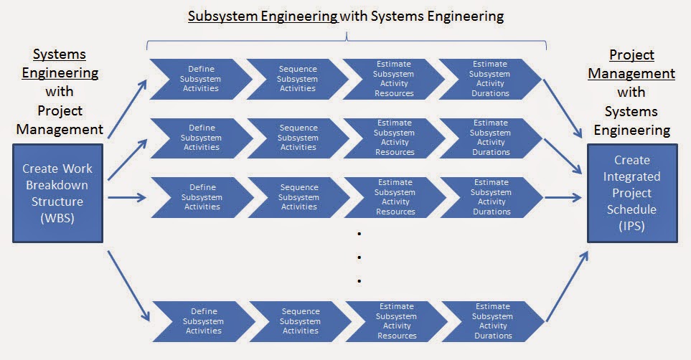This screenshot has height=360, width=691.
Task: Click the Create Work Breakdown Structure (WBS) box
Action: click(57, 193)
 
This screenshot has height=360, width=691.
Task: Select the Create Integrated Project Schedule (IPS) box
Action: click(632, 193)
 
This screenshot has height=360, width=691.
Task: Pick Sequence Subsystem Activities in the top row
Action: click(297, 79)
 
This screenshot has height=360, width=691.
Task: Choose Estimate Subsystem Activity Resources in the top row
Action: click(394, 79)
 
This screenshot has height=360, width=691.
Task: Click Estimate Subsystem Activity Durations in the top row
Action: click(490, 79)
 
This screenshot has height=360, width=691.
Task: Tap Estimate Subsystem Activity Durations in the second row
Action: click(490, 138)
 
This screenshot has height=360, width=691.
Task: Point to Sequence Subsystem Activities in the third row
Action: click(297, 197)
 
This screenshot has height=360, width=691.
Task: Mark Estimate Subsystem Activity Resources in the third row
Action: click(394, 197)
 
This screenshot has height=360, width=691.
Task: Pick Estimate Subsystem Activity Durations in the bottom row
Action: click(492, 321)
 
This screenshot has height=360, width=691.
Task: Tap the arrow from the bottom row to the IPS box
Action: click(567, 284)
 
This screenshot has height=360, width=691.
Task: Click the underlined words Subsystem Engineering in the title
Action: click(263, 16)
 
